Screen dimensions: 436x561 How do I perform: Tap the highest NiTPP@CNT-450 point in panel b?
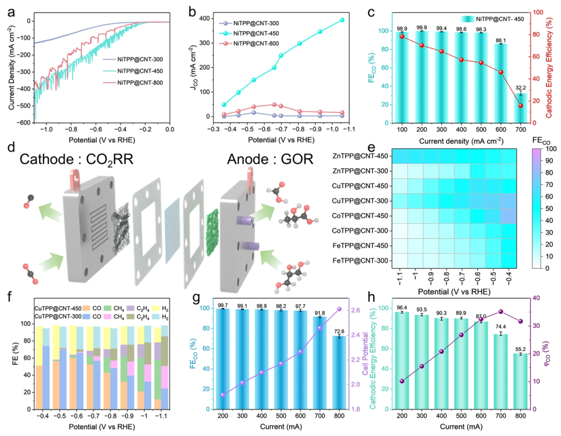point(342,20)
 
